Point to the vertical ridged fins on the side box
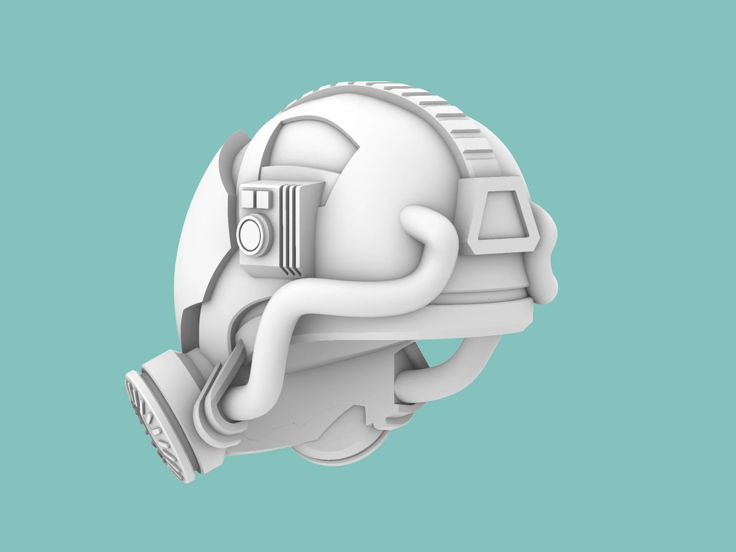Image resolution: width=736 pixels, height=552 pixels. click(x=290, y=232)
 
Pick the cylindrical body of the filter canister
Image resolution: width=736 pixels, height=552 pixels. click(x=173, y=390)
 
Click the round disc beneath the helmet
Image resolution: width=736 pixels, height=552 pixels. click(x=342, y=453)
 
